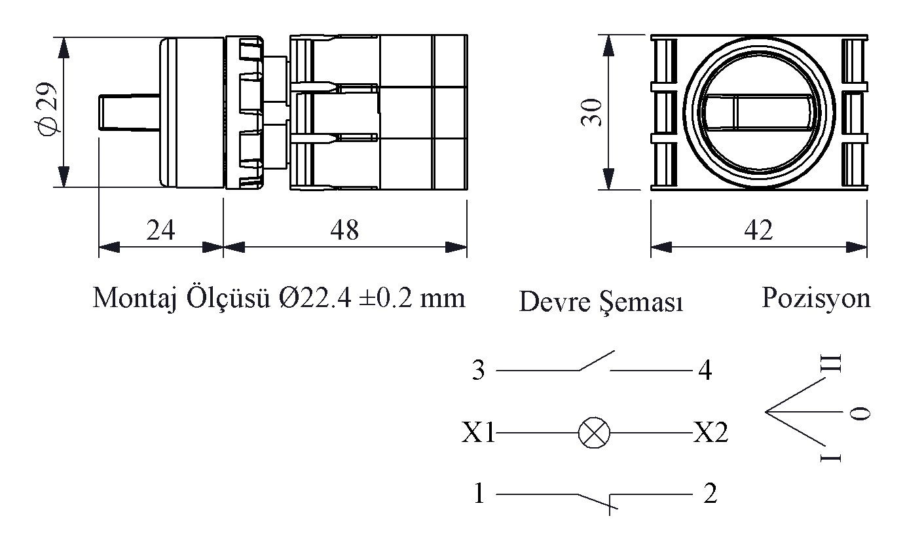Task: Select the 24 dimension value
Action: pyautogui.click(x=160, y=230)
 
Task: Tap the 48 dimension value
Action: pyautogui.click(x=344, y=230)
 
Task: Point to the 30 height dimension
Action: pyautogui.click(x=591, y=112)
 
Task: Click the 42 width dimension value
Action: pyautogui.click(x=758, y=230)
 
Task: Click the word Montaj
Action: pyautogui.click(x=136, y=299)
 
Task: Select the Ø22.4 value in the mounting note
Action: pyautogui.click(x=315, y=298)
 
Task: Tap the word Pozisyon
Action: pyautogui.click(x=816, y=299)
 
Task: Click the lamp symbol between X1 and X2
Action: pyautogui.click(x=594, y=433)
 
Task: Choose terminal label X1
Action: pyautogui.click(x=478, y=433)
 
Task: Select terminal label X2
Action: pyautogui.click(x=711, y=433)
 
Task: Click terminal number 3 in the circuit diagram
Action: pyautogui.click(x=478, y=370)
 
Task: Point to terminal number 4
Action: pyautogui.click(x=705, y=370)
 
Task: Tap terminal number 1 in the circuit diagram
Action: pyautogui.click(x=479, y=494)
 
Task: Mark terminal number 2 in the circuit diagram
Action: pyautogui.click(x=711, y=494)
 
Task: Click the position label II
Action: pyautogui.click(x=830, y=363)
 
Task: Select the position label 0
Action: pyautogui.click(x=860, y=412)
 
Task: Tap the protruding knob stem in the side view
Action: pyautogui.click(x=129, y=112)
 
